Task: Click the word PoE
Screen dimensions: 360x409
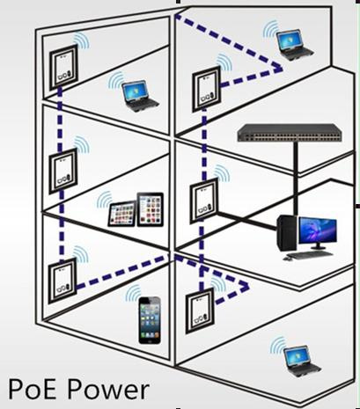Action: point(32,389)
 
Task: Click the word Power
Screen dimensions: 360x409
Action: point(108,389)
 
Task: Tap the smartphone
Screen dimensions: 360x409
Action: point(150,320)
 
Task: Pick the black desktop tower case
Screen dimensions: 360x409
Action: point(287,233)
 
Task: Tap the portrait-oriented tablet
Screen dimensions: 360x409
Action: point(151,209)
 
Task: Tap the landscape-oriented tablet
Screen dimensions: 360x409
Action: point(122,214)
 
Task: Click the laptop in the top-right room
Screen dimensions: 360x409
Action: point(294,46)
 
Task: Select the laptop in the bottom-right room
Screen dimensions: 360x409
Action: point(301,362)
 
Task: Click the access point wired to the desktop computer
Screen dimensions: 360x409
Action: point(204,201)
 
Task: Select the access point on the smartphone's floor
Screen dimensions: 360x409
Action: point(62,281)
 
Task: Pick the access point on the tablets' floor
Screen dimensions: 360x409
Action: point(62,171)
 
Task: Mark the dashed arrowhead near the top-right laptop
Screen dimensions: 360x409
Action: point(276,68)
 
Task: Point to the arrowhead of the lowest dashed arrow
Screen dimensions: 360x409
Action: point(244,286)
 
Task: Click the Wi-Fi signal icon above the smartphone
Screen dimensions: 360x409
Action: point(133,292)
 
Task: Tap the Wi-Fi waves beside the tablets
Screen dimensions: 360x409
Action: point(105,200)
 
